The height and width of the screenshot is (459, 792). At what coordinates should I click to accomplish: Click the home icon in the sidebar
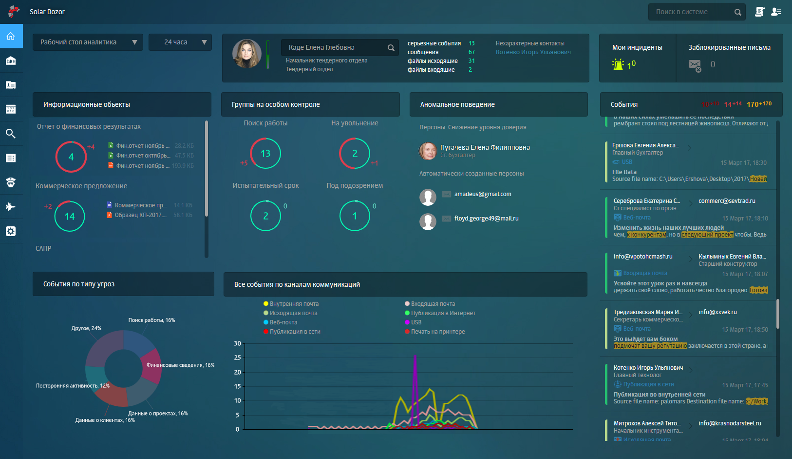click(x=11, y=36)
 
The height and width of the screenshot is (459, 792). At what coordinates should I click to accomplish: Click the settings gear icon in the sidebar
click(x=11, y=231)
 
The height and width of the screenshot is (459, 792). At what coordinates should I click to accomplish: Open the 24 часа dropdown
click(x=180, y=42)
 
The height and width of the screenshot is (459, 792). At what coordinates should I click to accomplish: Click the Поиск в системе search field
click(x=692, y=12)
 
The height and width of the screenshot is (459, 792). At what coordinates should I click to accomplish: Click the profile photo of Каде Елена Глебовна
click(x=247, y=54)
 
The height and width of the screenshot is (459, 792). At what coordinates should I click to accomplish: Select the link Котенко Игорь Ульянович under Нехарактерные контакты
click(x=533, y=52)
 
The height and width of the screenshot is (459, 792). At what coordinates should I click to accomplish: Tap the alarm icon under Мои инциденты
click(x=618, y=64)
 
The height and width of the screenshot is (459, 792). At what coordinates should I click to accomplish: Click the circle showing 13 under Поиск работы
click(x=265, y=154)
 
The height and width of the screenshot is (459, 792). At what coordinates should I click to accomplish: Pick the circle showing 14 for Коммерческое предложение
click(x=70, y=216)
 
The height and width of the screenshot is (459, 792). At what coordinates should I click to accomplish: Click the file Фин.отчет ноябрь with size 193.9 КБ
click(x=142, y=166)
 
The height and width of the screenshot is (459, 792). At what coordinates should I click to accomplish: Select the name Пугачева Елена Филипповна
click(x=485, y=147)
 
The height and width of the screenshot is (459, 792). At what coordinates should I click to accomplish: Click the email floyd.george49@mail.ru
click(x=486, y=219)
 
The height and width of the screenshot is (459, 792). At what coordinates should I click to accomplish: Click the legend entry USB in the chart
click(x=415, y=322)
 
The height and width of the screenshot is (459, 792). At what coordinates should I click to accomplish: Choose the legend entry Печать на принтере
click(x=437, y=332)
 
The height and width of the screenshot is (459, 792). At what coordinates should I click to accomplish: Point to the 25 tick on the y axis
click(x=238, y=358)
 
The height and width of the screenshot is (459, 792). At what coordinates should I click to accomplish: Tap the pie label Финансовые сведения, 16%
click(x=180, y=365)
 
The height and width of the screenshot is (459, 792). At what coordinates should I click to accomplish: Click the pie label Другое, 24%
click(x=86, y=328)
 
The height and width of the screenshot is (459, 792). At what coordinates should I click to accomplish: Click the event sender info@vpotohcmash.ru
click(x=643, y=257)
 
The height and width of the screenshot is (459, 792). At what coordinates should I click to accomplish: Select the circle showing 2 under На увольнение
click(x=355, y=154)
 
